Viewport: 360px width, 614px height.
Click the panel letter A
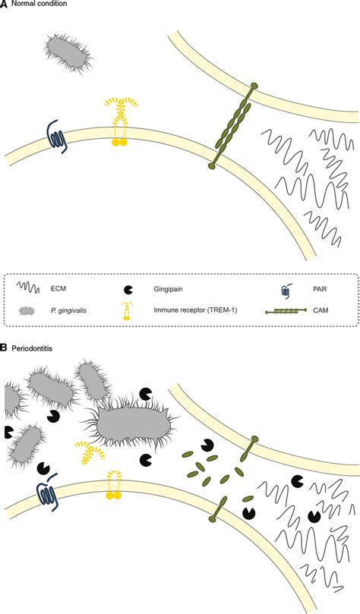point(5,5)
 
